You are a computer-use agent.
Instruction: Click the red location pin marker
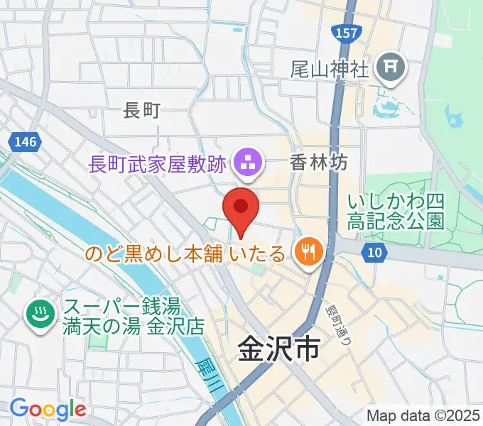(241, 207)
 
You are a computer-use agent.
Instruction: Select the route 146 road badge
(23, 142)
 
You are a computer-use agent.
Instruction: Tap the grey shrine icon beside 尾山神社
(391, 69)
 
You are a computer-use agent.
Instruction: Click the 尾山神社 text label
(330, 69)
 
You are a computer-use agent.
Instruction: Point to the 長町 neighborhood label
(142, 110)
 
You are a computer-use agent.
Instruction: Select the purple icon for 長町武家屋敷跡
(248, 163)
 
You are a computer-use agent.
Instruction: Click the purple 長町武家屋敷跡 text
(158, 164)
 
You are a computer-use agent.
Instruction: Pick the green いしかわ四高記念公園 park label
(396, 212)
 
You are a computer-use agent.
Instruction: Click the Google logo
(48, 408)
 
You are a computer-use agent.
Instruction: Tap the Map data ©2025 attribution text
(424, 416)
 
